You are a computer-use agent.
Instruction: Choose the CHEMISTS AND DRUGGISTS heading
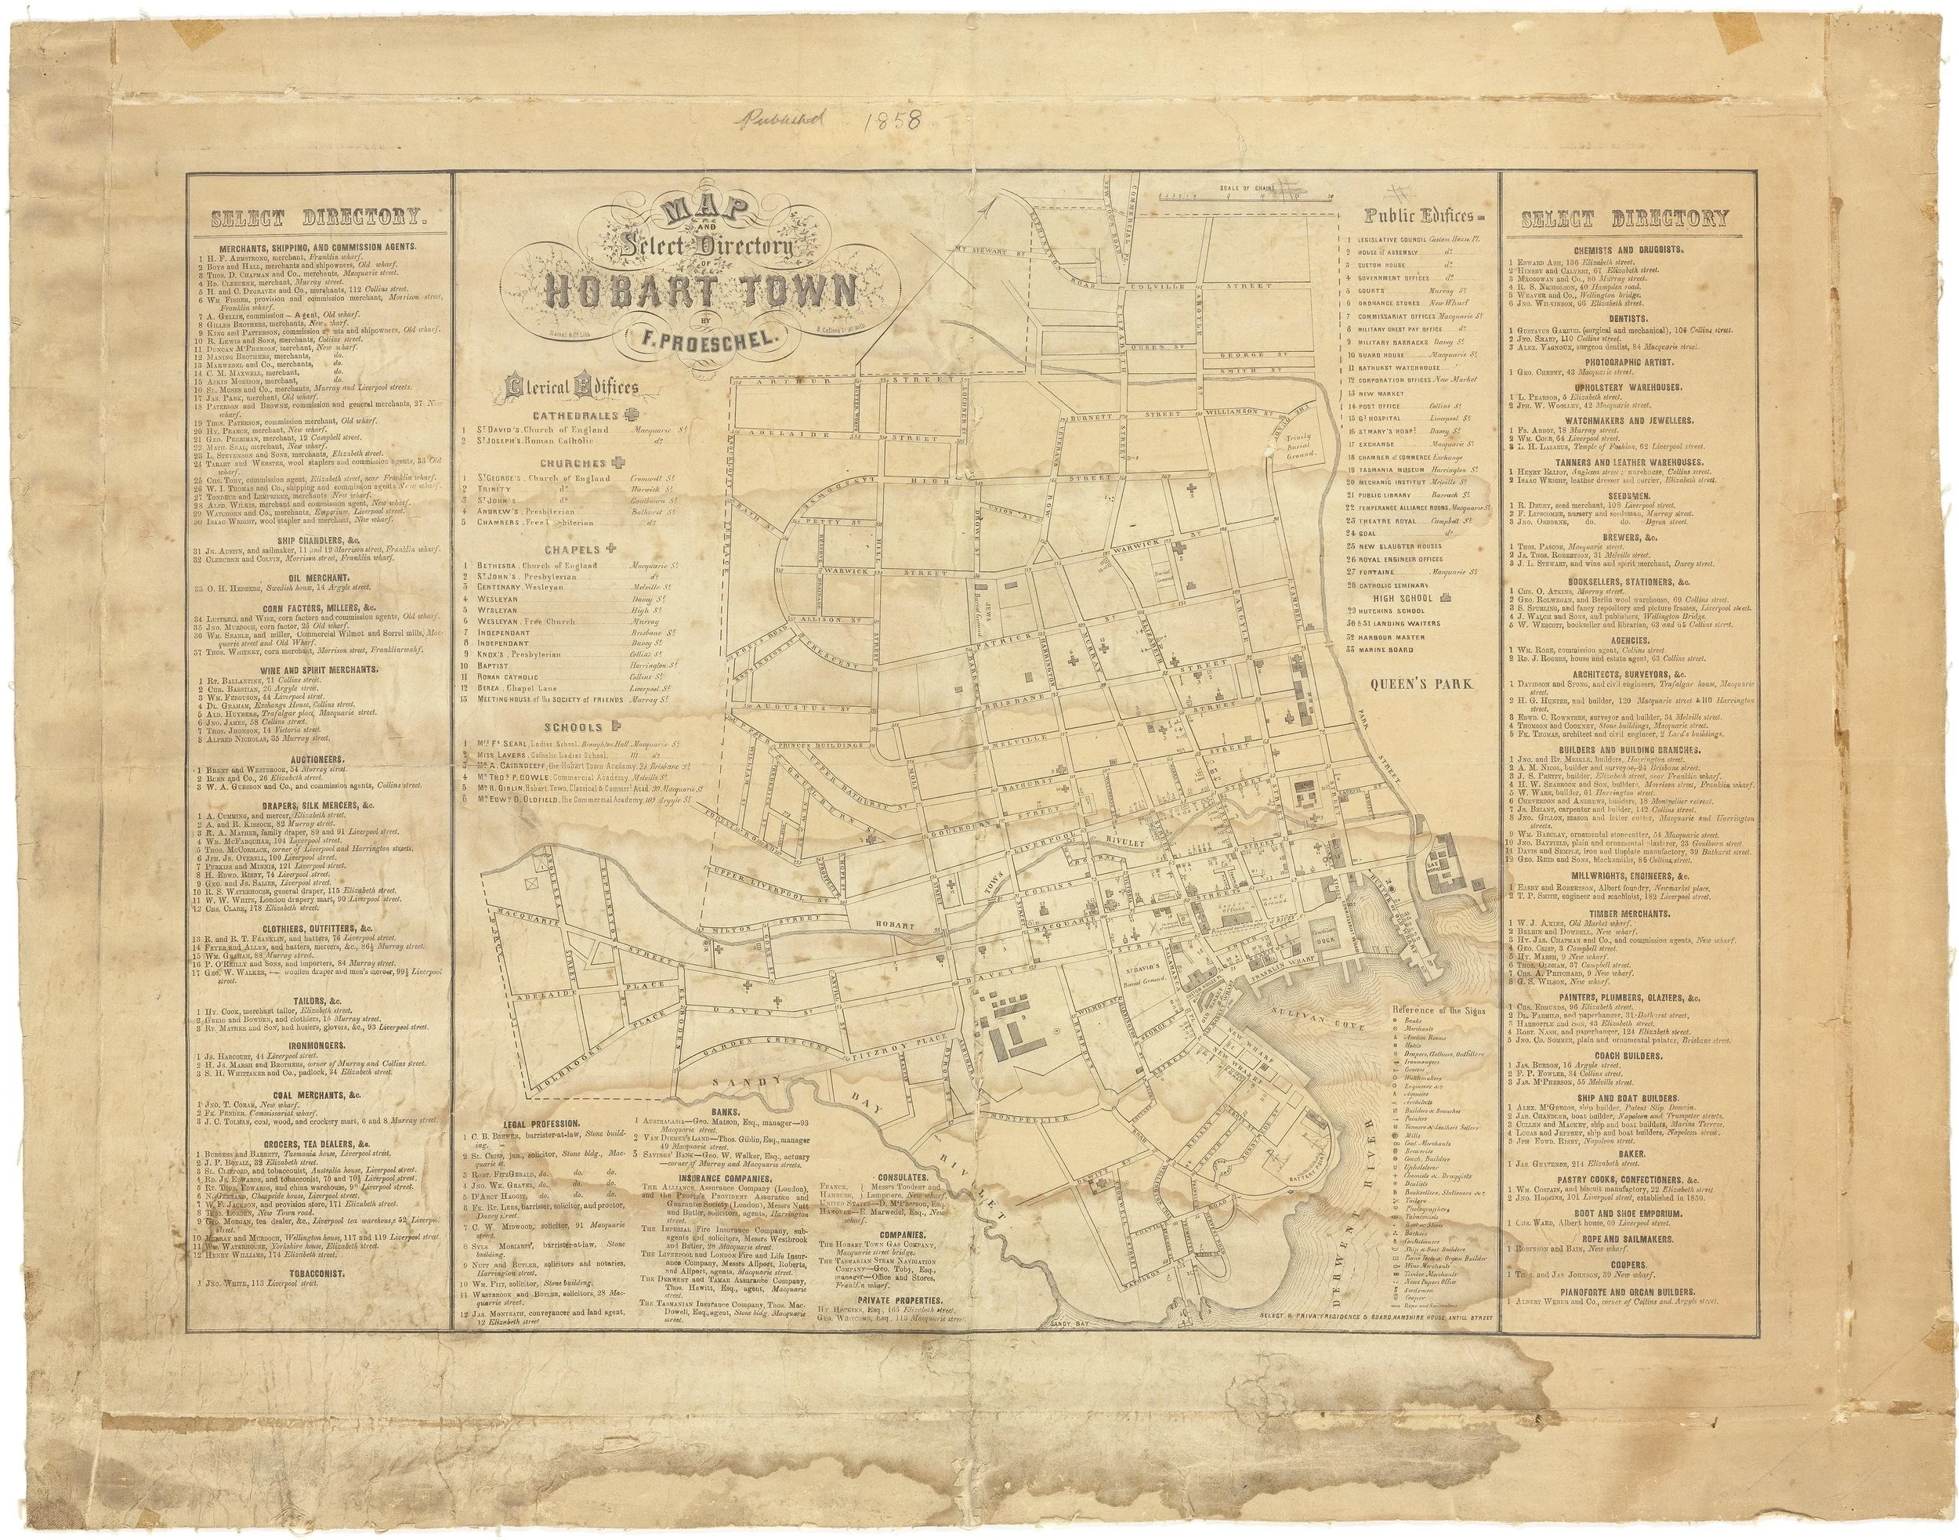point(1624,250)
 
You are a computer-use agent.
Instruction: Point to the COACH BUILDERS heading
point(1624,1054)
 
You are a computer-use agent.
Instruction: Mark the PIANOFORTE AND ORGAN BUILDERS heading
point(1624,1291)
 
